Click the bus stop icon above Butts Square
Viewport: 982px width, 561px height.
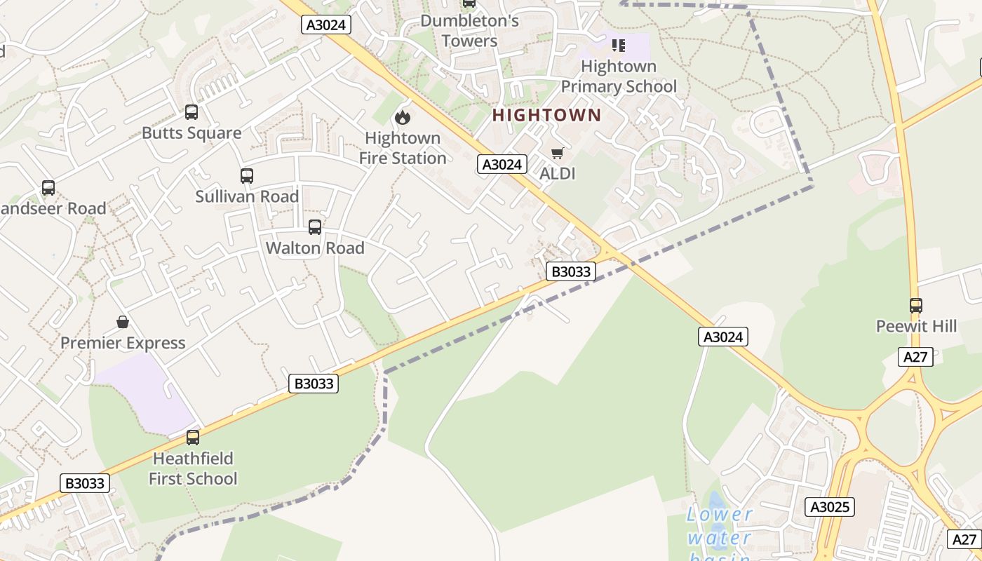(x=191, y=112)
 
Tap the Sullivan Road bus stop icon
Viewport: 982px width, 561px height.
(x=247, y=176)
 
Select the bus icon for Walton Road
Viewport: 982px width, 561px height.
(x=315, y=227)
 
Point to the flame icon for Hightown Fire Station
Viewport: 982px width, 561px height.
(x=403, y=117)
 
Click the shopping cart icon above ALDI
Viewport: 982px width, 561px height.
(x=558, y=153)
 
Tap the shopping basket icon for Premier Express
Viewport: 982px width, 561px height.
(x=123, y=322)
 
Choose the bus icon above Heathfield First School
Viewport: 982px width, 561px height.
(x=193, y=438)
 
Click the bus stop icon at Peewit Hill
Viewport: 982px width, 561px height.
(x=916, y=306)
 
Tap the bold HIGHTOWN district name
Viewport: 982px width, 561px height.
(x=547, y=116)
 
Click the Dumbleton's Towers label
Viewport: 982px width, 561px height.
(x=469, y=31)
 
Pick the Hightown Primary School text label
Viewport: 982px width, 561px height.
(x=619, y=76)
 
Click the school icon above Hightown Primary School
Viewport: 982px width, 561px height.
(x=618, y=46)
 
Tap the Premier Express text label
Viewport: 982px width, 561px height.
(x=123, y=343)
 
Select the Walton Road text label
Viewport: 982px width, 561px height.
(x=315, y=248)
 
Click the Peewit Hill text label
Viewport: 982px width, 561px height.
(x=916, y=326)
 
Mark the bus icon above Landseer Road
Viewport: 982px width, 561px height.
(x=48, y=188)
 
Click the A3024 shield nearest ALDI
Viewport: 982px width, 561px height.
(x=502, y=164)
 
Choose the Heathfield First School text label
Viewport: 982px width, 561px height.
(x=193, y=468)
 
